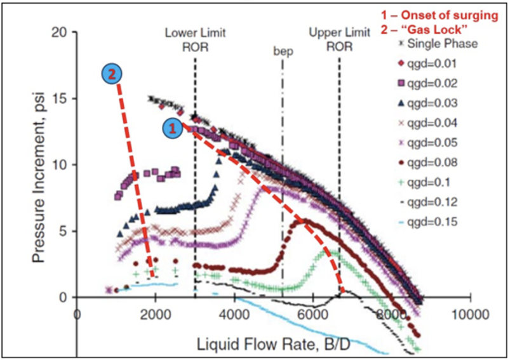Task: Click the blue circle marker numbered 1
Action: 170,128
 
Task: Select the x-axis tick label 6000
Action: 313,314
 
